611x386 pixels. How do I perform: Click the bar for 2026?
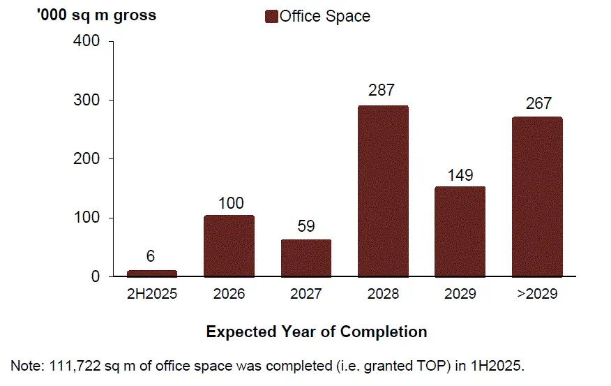[x=229, y=246]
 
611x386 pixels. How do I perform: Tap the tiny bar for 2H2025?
[x=151, y=274]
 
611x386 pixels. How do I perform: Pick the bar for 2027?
[x=305, y=258]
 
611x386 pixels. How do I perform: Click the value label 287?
[x=382, y=90]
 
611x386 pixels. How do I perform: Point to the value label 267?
[x=538, y=103]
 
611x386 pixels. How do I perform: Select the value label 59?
[x=306, y=225]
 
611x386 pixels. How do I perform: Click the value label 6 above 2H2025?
[x=151, y=257]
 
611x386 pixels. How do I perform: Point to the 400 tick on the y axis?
[x=86, y=41]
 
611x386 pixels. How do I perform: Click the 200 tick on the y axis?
[x=86, y=159]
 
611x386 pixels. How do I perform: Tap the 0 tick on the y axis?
[x=96, y=277]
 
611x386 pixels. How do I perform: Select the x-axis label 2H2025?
[x=151, y=294]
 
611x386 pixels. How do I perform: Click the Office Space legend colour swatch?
[x=271, y=16]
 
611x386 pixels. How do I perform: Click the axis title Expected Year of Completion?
[x=317, y=331]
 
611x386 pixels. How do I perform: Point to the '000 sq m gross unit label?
[x=96, y=15]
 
